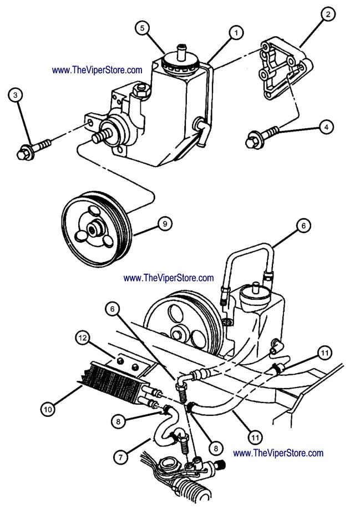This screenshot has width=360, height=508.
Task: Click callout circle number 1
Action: click(236, 34)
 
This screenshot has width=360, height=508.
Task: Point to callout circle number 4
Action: click(327, 128)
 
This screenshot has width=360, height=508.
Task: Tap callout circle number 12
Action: click(83, 337)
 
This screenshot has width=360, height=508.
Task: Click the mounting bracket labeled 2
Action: click(280, 69)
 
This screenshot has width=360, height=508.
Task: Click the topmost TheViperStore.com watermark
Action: click(97, 71)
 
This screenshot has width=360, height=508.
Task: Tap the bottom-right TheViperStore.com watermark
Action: click(278, 453)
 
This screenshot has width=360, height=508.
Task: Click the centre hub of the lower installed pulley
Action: click(180, 333)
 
